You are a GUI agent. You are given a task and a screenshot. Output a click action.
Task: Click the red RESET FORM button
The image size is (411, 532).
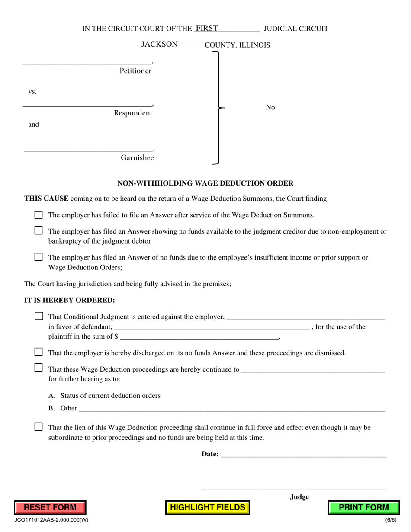[x=50, y=507]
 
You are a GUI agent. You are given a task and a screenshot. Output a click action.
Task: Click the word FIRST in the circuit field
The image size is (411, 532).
[x=206, y=29]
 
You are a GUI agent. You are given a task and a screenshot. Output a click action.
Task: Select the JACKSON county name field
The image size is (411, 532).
[x=159, y=44]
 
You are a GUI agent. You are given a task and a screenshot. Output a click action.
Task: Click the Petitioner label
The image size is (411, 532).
[x=135, y=71]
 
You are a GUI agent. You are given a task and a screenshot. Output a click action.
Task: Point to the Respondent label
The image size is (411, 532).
[x=133, y=113]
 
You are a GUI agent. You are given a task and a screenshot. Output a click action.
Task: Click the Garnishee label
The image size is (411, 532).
[x=137, y=158]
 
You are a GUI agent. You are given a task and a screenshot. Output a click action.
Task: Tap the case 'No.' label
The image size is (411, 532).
[x=271, y=108]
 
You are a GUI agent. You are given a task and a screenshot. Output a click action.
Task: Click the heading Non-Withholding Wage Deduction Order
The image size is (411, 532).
[x=205, y=183]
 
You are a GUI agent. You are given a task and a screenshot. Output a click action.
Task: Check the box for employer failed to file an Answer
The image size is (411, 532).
[x=39, y=215]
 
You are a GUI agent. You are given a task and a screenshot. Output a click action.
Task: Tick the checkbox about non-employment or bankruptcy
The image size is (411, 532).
[x=39, y=231]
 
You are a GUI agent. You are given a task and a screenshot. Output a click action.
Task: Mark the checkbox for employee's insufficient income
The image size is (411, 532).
[x=39, y=257]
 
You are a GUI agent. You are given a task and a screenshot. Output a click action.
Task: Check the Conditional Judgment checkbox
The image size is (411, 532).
[x=39, y=316]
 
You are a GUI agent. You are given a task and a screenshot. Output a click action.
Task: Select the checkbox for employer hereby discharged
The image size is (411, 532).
[x=39, y=352]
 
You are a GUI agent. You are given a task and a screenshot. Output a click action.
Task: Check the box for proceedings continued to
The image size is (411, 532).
[x=39, y=368]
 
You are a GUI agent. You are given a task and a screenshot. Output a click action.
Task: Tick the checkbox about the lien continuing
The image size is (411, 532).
[x=39, y=427]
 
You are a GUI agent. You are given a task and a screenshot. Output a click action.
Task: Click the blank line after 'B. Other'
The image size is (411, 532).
[x=231, y=408]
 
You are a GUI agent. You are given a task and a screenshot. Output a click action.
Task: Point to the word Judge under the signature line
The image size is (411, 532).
[x=299, y=497]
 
